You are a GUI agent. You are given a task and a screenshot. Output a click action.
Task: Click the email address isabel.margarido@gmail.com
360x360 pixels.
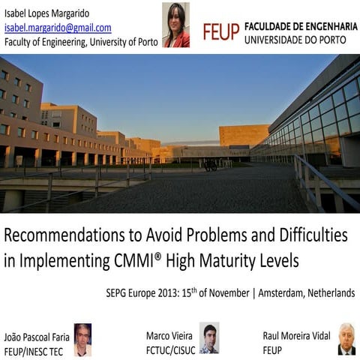click(58, 28)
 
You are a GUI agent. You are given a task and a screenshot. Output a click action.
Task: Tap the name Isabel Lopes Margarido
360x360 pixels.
click(48, 13)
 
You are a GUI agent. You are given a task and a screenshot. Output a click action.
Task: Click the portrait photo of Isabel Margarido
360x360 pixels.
click(175, 25)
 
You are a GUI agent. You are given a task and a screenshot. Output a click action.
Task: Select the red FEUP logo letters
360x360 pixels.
click(221, 31)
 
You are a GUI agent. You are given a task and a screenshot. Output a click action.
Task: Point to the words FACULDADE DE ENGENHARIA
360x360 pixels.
click(300, 25)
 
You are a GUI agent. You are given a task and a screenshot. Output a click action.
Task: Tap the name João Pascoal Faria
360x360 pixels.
click(37, 337)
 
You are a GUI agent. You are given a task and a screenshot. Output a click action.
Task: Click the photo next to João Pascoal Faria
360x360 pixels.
click(82, 339)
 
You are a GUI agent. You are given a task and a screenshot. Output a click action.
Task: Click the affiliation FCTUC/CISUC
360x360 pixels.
click(169, 349)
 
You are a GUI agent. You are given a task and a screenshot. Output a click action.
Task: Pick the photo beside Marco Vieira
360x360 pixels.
click(209, 338)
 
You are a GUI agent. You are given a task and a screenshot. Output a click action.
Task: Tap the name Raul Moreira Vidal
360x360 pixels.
click(297, 336)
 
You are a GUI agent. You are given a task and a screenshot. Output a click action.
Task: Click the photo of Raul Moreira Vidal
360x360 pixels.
click(346, 338)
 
